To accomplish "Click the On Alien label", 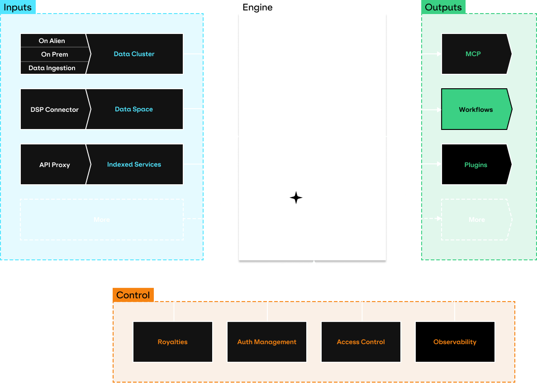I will coord(52,41).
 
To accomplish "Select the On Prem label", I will coord(54,54).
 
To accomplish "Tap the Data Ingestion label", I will coord(52,68).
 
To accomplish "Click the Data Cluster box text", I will coord(134,54).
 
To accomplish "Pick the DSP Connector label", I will coord(54,110).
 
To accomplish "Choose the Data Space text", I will coord(134,109).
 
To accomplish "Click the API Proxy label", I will coord(54,165).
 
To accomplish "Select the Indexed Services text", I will coord(134,164).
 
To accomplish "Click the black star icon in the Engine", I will coord(296,198).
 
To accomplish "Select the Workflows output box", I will coord(475,110).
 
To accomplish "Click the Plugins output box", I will coord(475,165).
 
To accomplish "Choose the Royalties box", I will coord(173,342).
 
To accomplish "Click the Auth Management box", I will coord(267,342).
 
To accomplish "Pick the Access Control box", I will coord(361,342).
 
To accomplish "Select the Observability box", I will coord(455,342).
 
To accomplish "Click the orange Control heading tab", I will coord(133,295).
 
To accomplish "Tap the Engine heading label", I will coord(257,7).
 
